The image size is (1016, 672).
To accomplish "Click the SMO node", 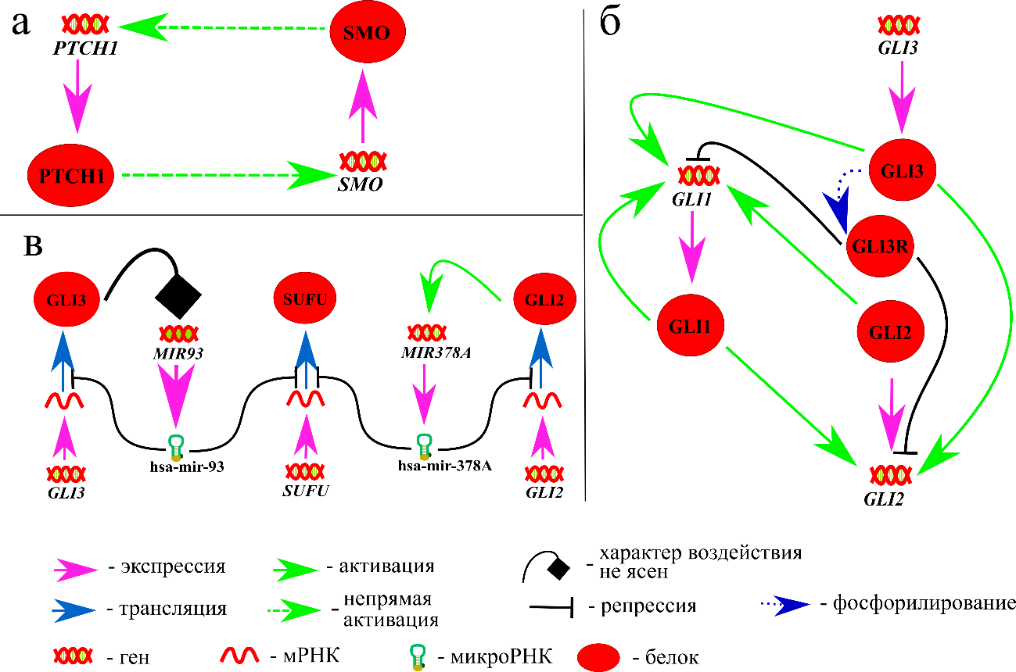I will point(367,32).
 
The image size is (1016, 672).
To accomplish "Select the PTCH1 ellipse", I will point(71,175).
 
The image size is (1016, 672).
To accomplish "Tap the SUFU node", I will point(305,298).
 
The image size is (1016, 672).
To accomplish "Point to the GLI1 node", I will point(690,326).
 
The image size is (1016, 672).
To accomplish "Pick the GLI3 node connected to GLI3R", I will point(903,170).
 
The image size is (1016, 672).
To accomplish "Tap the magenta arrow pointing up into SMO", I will point(362,105).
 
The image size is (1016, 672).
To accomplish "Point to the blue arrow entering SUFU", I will point(305,359).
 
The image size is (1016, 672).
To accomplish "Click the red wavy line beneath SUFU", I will point(305,399).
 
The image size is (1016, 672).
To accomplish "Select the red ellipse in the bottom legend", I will point(598,657).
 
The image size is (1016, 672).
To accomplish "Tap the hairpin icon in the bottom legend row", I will point(418,657).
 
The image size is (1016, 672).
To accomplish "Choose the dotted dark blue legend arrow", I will point(785,606).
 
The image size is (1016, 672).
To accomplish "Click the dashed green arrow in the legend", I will point(295,610).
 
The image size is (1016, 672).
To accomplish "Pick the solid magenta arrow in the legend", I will point(76,570).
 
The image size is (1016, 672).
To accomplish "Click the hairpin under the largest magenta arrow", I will point(176,448).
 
